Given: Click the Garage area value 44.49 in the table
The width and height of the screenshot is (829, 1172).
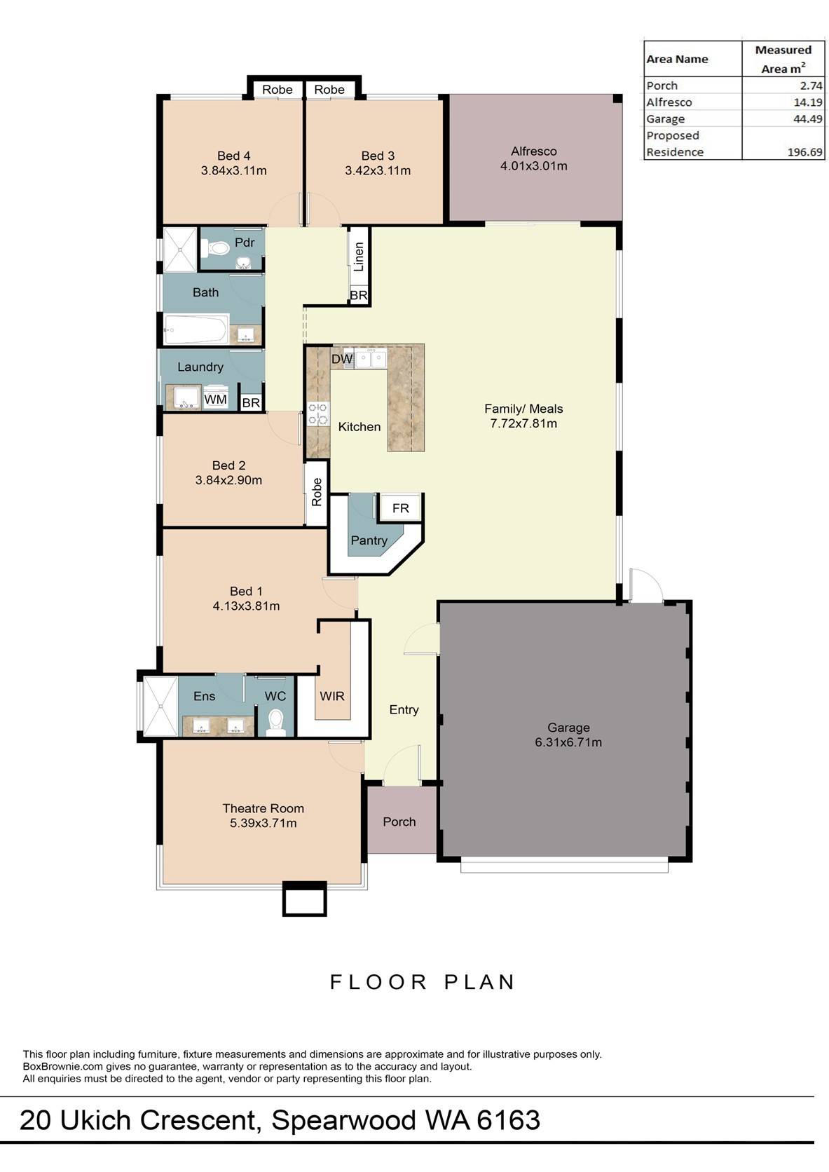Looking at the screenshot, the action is coord(807,118).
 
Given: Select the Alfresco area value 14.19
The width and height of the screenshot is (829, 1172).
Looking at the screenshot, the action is coord(807,102).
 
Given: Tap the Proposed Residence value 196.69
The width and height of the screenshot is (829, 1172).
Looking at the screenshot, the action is coord(805,152).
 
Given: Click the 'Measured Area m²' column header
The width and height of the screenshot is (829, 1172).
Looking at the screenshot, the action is coord(783,59).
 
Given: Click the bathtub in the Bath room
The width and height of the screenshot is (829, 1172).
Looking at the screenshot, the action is coord(196,329).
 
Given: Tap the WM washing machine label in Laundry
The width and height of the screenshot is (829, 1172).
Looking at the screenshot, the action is coord(216,400).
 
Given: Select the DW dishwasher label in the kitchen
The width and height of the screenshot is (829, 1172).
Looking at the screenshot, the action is coord(342,359).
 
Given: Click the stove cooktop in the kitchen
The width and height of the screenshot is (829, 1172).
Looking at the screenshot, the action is coord(318,414).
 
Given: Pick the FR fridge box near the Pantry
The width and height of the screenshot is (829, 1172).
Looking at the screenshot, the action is coord(400,508).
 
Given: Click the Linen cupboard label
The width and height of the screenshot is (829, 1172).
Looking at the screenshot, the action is coord(358,257).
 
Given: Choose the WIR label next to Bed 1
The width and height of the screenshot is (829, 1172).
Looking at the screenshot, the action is coord(332,696).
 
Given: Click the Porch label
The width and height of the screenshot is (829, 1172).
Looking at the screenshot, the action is coord(399,822).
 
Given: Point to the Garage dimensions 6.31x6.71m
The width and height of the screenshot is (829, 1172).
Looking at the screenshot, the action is coord(568,742).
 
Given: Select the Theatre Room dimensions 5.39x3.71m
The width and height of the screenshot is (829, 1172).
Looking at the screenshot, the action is coord(263,823).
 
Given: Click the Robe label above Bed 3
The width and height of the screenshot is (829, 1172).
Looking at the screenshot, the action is coord(329,90).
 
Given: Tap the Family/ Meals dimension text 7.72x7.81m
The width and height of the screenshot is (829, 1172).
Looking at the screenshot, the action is coord(523,423).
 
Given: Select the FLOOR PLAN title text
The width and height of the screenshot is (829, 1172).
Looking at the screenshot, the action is coord(423,982).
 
